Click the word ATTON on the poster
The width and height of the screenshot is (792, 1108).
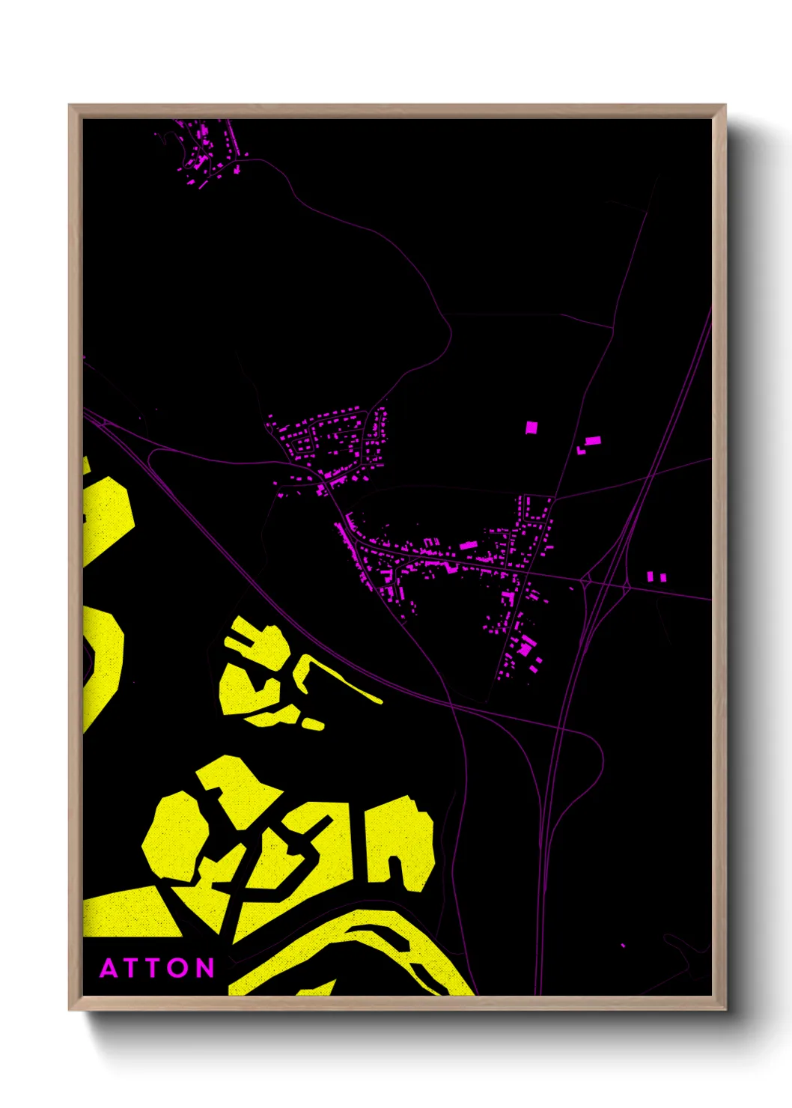click(157, 968)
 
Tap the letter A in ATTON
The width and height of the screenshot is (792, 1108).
click(109, 968)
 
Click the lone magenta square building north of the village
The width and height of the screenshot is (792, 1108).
click(531, 427)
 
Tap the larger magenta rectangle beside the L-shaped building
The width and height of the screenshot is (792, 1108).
click(592, 440)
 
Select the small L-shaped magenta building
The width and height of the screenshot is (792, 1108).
click(581, 451)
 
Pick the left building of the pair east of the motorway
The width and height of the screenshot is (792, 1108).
click(650, 576)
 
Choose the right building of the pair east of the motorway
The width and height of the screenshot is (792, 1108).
click(662, 576)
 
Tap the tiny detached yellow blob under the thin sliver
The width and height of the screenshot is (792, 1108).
click(314, 724)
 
